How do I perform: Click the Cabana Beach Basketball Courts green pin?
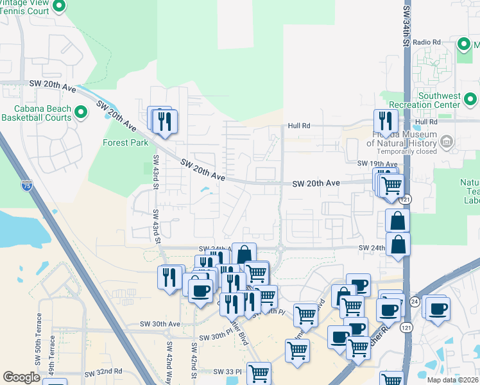[81, 113]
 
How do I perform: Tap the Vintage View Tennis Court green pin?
[59, 7]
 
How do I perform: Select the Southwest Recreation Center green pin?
[470, 99]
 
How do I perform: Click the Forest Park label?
[126, 142]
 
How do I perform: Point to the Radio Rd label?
[427, 42]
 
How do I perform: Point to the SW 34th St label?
[406, 26]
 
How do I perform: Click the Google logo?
[21, 377]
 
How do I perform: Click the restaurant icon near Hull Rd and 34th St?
[386, 121]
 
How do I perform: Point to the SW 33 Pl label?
[227, 372]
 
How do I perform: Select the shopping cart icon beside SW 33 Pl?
[259, 373]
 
